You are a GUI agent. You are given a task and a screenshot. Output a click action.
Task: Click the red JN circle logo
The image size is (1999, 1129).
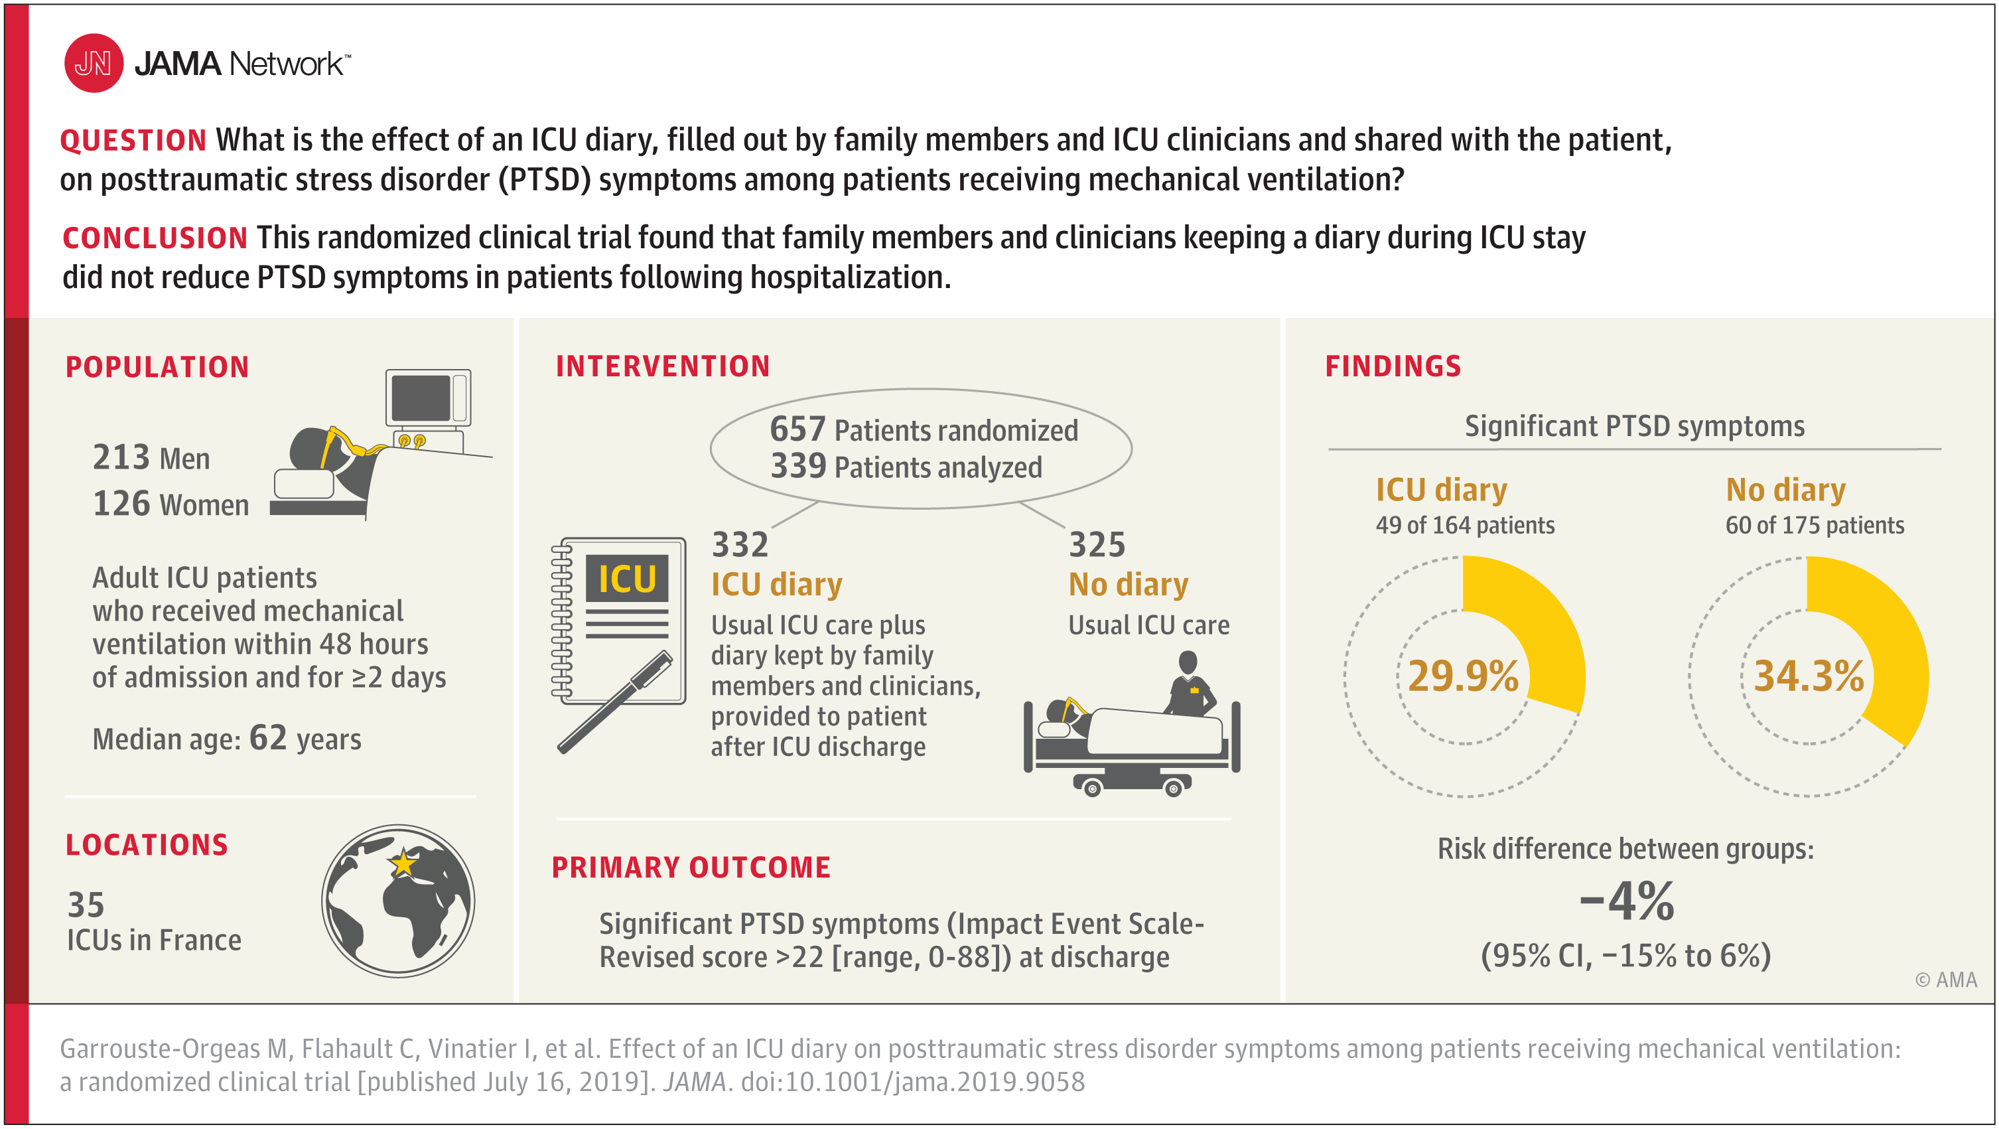tap(93, 63)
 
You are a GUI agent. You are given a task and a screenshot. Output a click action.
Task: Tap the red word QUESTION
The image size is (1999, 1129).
tap(133, 141)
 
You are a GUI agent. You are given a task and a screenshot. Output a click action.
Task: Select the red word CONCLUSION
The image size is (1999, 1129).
tap(155, 238)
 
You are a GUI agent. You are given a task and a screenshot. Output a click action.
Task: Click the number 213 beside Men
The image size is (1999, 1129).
tap(121, 457)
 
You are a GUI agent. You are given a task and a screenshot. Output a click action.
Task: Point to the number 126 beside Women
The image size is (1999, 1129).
tap(121, 503)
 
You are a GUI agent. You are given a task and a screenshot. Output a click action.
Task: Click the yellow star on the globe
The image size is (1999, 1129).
tap(403, 863)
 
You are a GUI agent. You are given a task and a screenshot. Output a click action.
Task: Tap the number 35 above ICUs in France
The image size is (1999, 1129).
tap(86, 905)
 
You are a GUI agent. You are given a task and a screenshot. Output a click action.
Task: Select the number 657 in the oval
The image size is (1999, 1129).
tap(797, 429)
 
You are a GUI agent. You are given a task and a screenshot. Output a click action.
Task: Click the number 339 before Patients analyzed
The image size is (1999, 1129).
tap(797, 466)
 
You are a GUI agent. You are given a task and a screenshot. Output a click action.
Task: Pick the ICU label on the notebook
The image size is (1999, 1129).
tap(627, 579)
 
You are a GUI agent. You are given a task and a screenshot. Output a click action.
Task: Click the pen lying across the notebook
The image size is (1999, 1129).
tap(614, 702)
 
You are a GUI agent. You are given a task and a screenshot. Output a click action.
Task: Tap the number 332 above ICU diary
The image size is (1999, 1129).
tap(740, 544)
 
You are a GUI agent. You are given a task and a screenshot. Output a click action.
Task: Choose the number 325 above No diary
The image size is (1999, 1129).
tap(1097, 544)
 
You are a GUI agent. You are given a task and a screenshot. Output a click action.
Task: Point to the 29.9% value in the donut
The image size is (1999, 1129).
tap(1463, 676)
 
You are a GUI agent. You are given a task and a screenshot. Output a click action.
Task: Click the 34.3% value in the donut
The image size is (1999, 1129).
tap(1809, 676)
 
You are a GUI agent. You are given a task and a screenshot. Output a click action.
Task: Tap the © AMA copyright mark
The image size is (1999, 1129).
tap(1946, 980)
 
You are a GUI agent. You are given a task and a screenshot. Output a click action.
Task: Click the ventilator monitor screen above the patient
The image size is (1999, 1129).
tap(421, 398)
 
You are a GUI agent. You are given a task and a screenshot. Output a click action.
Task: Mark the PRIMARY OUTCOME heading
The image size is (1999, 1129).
tap(691, 867)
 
